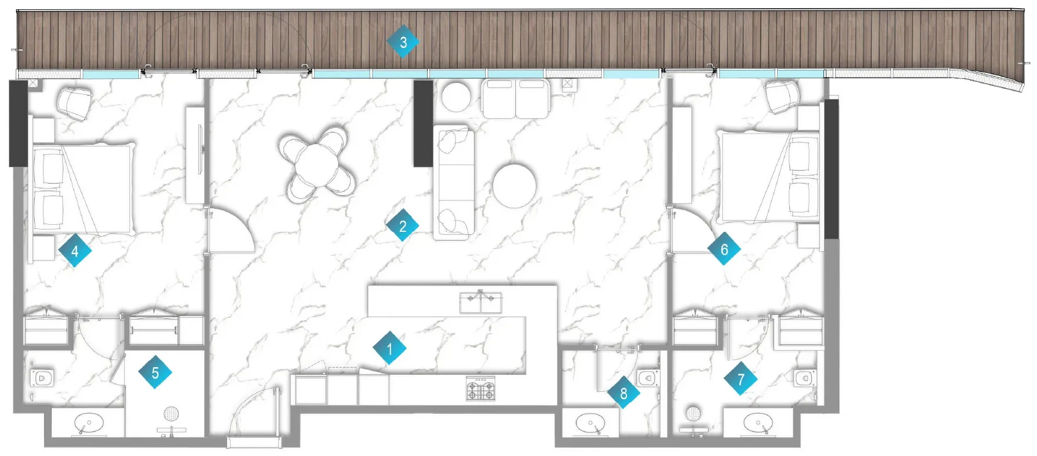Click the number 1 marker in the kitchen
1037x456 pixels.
click(389, 349)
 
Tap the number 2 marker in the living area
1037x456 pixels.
click(403, 226)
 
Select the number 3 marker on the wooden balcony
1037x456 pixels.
click(403, 42)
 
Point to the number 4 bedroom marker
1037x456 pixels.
click(75, 251)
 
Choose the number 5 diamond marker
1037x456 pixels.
click(155, 372)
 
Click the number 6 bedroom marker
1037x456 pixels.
click(724, 249)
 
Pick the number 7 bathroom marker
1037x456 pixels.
click(741, 380)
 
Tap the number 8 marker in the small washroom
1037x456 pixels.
click(623, 394)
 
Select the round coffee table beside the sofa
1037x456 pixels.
click(514, 185)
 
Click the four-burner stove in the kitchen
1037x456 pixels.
click(481, 388)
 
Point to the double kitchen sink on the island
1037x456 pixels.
click(481, 302)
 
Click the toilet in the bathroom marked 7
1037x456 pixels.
click(804, 378)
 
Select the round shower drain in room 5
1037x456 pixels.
click(171, 414)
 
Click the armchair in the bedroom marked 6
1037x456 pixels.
click(782, 96)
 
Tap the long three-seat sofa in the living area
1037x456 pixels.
click(454, 182)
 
